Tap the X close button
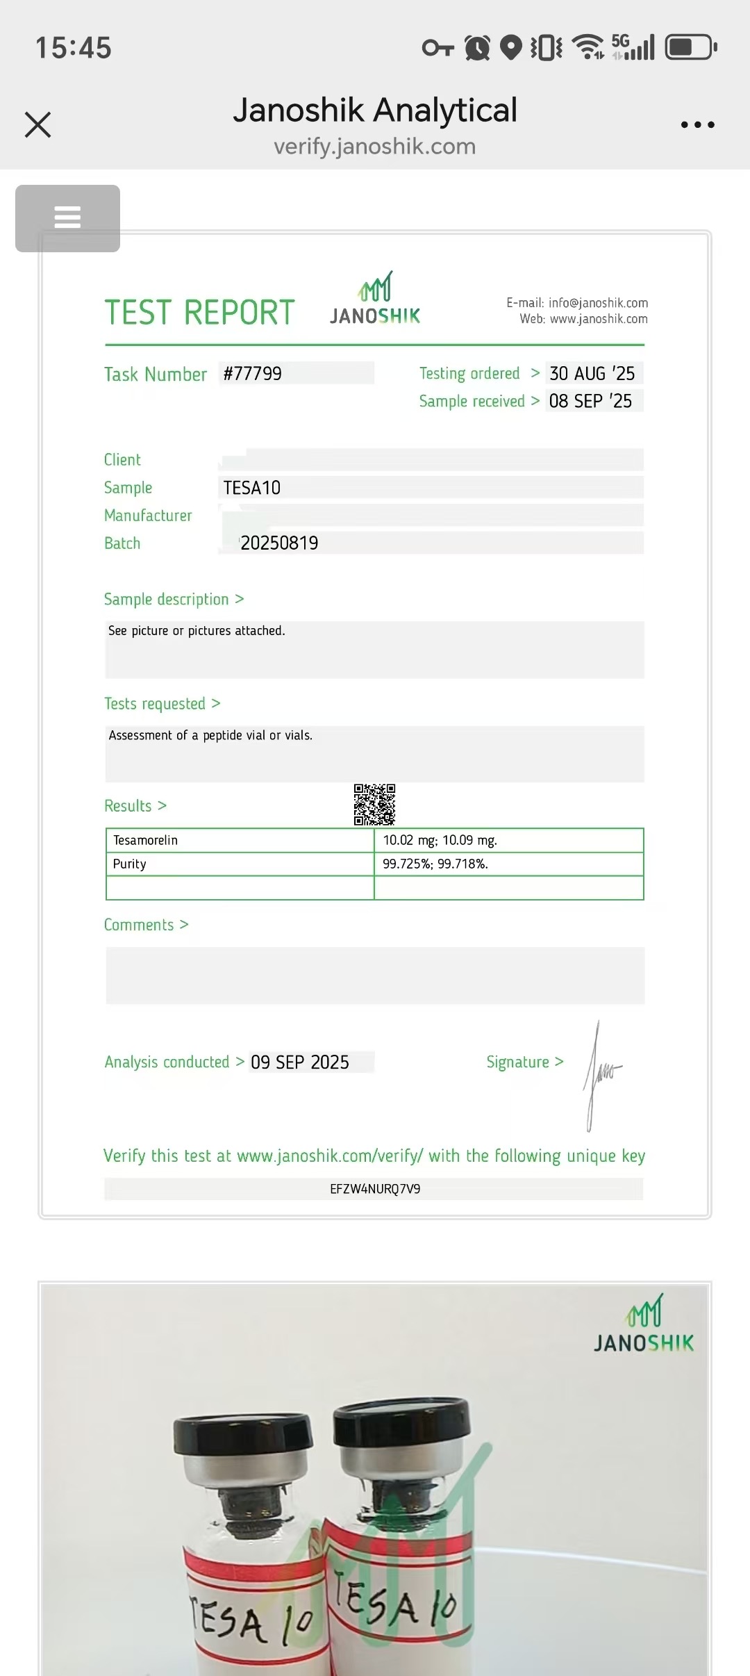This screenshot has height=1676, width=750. click(x=38, y=125)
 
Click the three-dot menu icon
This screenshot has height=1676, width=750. click(x=697, y=125)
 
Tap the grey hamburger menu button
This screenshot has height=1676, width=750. click(x=67, y=217)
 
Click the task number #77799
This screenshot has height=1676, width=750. click(x=253, y=374)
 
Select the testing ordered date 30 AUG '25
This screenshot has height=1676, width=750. click(x=592, y=374)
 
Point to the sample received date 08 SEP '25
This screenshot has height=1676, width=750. click(x=591, y=401)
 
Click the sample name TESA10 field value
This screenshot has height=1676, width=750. click(x=252, y=488)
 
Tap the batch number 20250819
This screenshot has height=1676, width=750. click(x=279, y=543)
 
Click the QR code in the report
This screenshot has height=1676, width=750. click(x=374, y=805)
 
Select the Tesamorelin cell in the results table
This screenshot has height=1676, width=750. click(x=146, y=840)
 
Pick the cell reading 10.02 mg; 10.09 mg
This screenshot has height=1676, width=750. click(x=440, y=840)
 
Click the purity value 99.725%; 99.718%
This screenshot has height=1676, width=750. click(x=435, y=864)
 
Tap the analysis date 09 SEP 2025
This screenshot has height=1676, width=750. click(x=300, y=1062)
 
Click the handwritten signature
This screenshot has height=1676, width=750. click(x=601, y=1074)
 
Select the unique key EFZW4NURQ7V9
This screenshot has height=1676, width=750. click(x=375, y=1189)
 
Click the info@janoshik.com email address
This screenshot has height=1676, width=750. click(x=598, y=303)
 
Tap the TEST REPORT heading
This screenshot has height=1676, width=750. click(x=200, y=313)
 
